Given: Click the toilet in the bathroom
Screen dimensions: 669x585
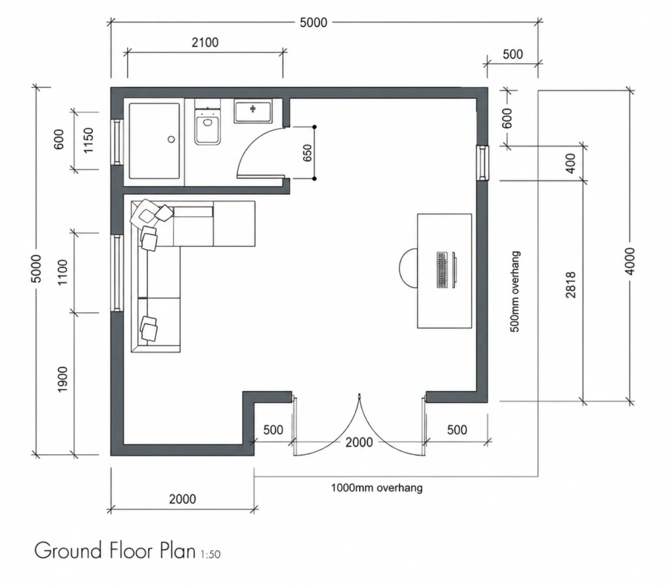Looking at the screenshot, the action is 208,123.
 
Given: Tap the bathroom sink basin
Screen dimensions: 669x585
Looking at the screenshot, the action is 253,111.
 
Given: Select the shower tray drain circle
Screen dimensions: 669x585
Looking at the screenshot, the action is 172,139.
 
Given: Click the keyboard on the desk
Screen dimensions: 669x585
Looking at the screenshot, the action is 442,270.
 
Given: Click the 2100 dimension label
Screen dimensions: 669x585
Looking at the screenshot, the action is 205,42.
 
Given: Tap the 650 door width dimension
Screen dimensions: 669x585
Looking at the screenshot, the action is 308,153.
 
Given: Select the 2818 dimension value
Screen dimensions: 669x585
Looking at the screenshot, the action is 571,285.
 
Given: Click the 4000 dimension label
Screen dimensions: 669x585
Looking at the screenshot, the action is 630,261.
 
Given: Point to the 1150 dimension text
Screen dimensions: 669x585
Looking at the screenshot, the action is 88,140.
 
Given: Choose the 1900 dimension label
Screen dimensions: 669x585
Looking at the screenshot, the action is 62,379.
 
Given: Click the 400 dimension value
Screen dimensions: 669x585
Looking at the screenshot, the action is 571,163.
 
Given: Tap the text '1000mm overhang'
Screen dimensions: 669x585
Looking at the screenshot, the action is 377,488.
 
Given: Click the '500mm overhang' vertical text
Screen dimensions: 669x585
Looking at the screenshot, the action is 515,292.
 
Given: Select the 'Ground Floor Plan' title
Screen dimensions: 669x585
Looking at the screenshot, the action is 114,551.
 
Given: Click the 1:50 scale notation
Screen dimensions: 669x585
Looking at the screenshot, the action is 210,555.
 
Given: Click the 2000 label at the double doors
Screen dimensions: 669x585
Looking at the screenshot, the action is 359,442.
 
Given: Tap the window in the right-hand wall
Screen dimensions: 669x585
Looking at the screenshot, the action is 483,163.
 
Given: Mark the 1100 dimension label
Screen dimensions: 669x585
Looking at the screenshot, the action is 62,272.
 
